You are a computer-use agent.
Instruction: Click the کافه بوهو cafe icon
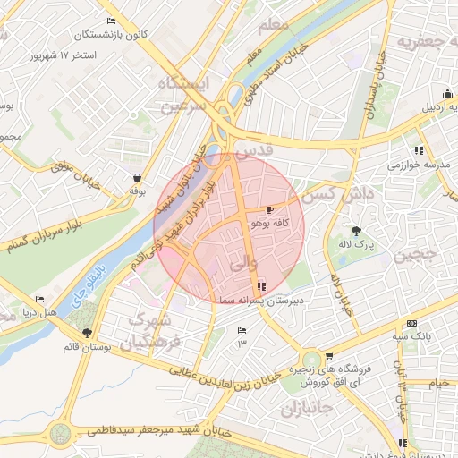[270, 209]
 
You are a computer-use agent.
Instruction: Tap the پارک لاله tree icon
[357, 230]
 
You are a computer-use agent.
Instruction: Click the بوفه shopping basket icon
[136, 177]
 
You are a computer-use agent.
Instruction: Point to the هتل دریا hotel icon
[39, 300]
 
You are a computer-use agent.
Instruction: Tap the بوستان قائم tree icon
[87, 333]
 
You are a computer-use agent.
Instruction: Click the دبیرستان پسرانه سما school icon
[261, 286]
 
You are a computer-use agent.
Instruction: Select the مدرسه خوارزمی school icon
[418, 150]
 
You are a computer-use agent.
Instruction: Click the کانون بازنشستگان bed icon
[111, 21]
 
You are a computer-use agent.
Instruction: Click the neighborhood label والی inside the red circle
[243, 264]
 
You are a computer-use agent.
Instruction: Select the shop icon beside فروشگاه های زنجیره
[329, 356]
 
